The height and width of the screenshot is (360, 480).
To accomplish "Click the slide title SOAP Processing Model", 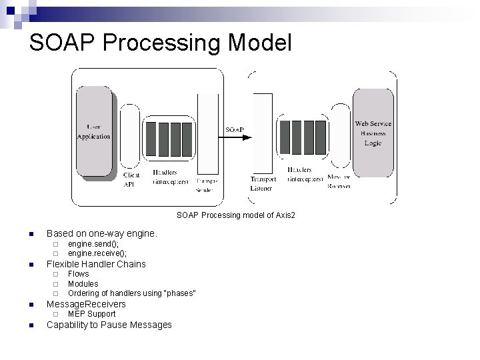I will (x=160, y=43).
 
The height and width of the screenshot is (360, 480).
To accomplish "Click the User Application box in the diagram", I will (x=93, y=131).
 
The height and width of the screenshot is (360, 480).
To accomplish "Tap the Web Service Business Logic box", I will (x=373, y=133).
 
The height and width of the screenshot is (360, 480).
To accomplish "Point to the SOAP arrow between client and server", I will (x=235, y=137).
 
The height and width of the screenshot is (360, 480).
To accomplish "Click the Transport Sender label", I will (x=206, y=185).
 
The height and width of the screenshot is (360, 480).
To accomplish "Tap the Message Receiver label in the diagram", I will (x=339, y=181).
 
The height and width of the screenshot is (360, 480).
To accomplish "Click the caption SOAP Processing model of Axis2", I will (x=235, y=215).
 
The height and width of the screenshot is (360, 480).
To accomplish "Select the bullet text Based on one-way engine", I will (x=101, y=234).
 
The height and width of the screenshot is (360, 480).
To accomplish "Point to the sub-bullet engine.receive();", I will (x=97, y=253).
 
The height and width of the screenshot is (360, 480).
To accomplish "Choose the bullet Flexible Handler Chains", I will (x=96, y=264).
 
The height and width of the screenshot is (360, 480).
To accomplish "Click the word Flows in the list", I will (x=78, y=274).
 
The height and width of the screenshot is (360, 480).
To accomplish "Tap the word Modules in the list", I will (x=83, y=284).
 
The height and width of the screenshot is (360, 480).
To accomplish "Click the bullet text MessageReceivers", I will (x=86, y=304).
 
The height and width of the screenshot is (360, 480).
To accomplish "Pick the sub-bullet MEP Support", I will (x=91, y=314).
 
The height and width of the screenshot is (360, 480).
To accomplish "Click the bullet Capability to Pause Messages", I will (x=109, y=325).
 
